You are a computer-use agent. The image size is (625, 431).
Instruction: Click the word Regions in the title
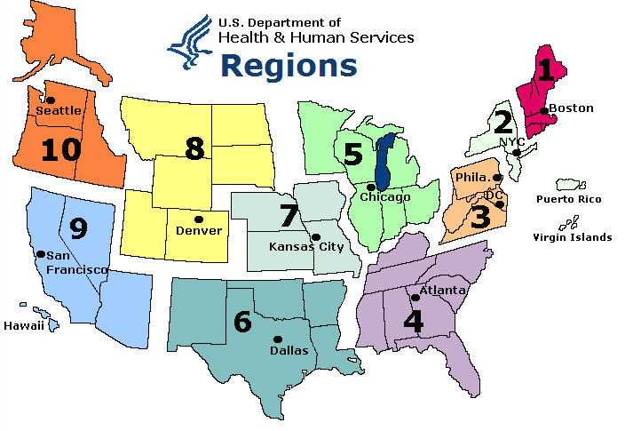(x=289, y=66)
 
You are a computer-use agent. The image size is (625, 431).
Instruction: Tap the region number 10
(x=60, y=148)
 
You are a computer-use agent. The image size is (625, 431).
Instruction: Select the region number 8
(x=194, y=148)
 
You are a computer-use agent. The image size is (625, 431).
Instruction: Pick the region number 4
(x=413, y=320)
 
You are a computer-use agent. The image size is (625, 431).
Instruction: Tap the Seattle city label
(x=59, y=110)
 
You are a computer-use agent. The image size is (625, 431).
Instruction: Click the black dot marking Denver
(x=198, y=219)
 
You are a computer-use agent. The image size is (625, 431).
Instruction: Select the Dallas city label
(x=289, y=351)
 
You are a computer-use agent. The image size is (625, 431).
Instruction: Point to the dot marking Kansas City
(x=315, y=236)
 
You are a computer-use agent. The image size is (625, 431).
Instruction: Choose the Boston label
(x=571, y=108)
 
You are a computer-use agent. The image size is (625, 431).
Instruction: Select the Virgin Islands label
(x=573, y=237)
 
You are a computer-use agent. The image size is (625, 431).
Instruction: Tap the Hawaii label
(x=24, y=327)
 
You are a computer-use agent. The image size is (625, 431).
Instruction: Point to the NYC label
(x=514, y=141)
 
